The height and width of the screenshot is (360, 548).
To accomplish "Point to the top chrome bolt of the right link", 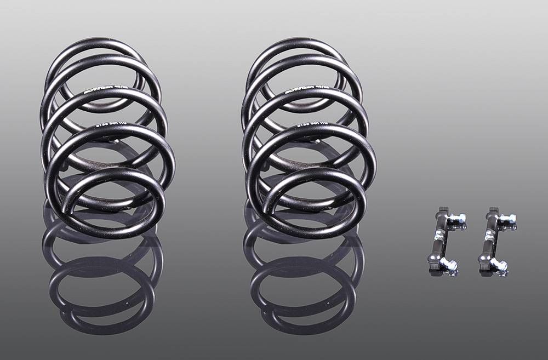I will click(x=507, y=219).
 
